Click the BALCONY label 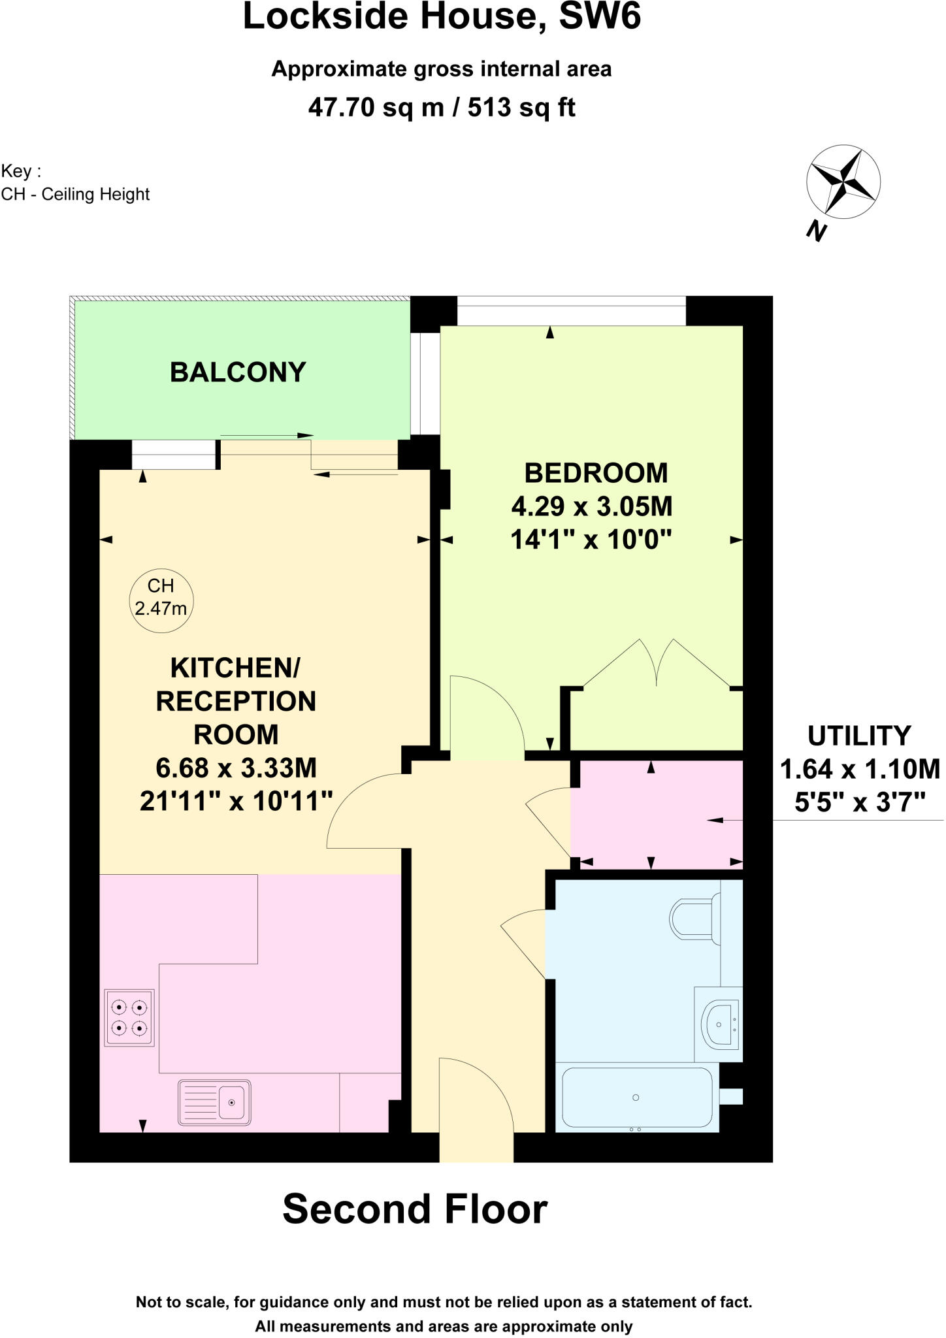238,372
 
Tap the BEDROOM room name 596,473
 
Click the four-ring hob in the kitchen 129,1018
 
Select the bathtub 636,1098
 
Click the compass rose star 843,182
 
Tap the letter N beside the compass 816,231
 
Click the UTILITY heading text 858,736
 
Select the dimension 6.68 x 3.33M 236,768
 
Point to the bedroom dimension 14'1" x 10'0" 591,540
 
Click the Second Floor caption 415,1209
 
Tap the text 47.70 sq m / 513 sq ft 442,107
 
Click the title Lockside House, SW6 442,17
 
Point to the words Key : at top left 21,171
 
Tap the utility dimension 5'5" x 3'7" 860,802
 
